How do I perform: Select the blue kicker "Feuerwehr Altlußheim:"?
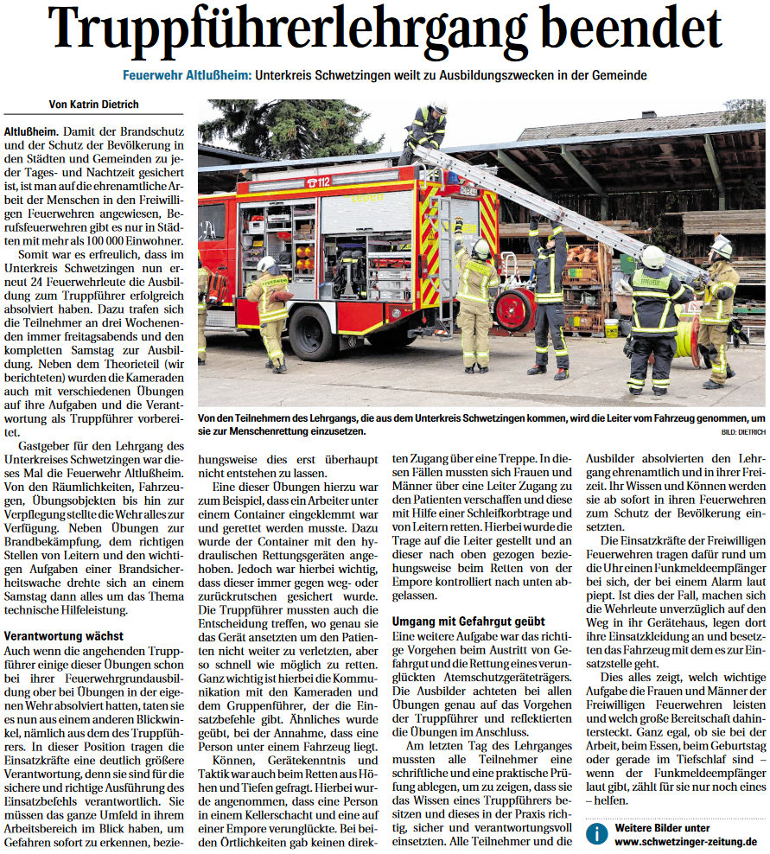coord(187,76)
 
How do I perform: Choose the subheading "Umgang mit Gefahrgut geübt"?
coord(468,621)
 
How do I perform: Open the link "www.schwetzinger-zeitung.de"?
coord(686,841)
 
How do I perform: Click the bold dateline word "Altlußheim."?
coord(31,131)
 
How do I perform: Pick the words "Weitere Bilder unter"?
coord(662,827)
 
